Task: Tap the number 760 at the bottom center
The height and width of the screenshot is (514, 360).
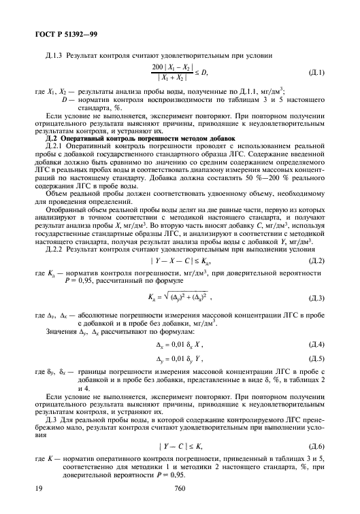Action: [180, 488]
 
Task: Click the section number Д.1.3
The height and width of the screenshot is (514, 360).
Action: [53, 54]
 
